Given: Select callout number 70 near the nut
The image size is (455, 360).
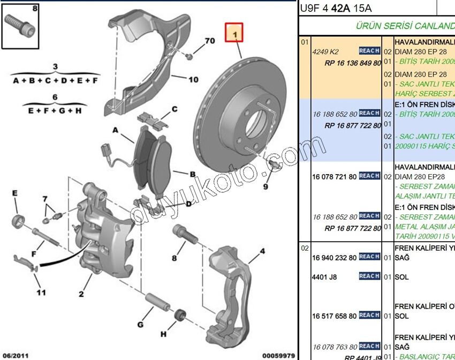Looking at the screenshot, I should point(210,41).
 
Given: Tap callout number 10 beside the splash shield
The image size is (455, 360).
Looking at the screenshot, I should point(193,80).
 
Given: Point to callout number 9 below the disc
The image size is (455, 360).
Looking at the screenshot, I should point(265,186).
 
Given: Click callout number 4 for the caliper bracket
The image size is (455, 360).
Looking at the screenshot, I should point(262,251).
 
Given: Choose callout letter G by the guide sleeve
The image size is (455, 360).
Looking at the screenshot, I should point(140,325).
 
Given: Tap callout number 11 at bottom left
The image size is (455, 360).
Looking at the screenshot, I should point(41,292).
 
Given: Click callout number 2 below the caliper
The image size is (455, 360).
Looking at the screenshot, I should point(81,293).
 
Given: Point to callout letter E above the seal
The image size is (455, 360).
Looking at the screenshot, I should point(15,193).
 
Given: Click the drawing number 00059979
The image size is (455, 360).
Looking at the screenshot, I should point(278,355).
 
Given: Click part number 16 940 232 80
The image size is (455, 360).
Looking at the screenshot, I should point(334,257).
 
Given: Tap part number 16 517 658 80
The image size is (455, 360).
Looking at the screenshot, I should point(334,316).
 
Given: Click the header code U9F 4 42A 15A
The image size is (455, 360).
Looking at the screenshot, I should point(336,8).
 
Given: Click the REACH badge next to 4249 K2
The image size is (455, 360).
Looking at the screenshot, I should point(369,51).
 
